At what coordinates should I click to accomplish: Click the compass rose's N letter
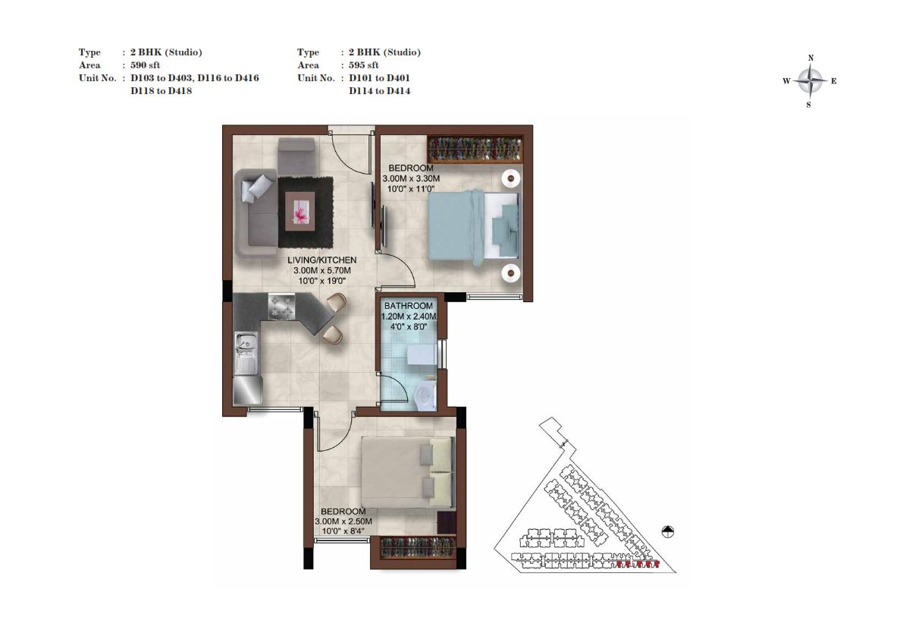[811, 58]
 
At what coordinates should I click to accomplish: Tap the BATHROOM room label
[409, 306]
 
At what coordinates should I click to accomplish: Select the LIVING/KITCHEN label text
[322, 260]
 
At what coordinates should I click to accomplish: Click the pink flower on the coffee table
[300, 212]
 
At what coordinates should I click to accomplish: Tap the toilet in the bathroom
[424, 396]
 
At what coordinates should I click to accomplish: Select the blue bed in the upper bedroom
[473, 227]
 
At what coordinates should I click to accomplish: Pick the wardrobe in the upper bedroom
[475, 150]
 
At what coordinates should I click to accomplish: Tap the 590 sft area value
[145, 65]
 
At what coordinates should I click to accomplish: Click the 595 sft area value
[363, 65]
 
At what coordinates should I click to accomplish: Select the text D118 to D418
[161, 91]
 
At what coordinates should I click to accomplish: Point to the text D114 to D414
[380, 91]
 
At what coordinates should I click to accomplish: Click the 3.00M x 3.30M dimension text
[411, 178]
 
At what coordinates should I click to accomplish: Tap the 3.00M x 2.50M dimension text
[343, 521]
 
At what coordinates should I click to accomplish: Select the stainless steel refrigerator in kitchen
[248, 390]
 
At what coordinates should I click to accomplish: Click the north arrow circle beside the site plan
[667, 531]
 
